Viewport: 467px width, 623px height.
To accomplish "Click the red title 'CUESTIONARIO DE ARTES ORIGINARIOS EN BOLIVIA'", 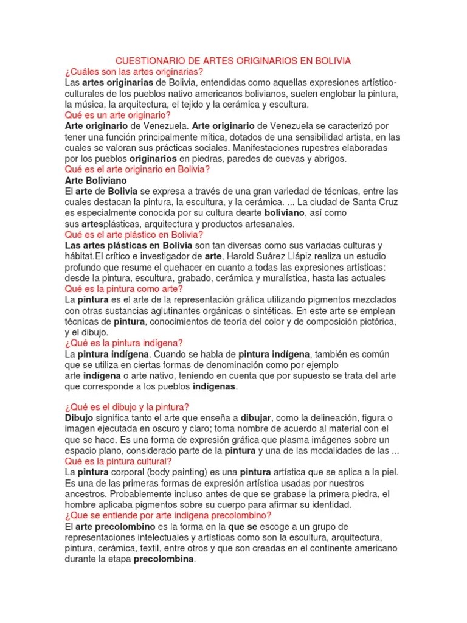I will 233,61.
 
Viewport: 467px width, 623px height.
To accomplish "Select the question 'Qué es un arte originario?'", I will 117,115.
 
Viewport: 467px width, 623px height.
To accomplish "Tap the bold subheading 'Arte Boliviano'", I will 96,180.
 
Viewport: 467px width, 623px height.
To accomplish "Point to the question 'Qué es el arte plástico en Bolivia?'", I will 134,234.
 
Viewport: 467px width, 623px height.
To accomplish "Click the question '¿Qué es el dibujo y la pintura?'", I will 127,407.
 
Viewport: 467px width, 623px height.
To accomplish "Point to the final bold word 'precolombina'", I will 164,559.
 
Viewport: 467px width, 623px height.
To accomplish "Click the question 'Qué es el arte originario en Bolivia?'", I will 137,169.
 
